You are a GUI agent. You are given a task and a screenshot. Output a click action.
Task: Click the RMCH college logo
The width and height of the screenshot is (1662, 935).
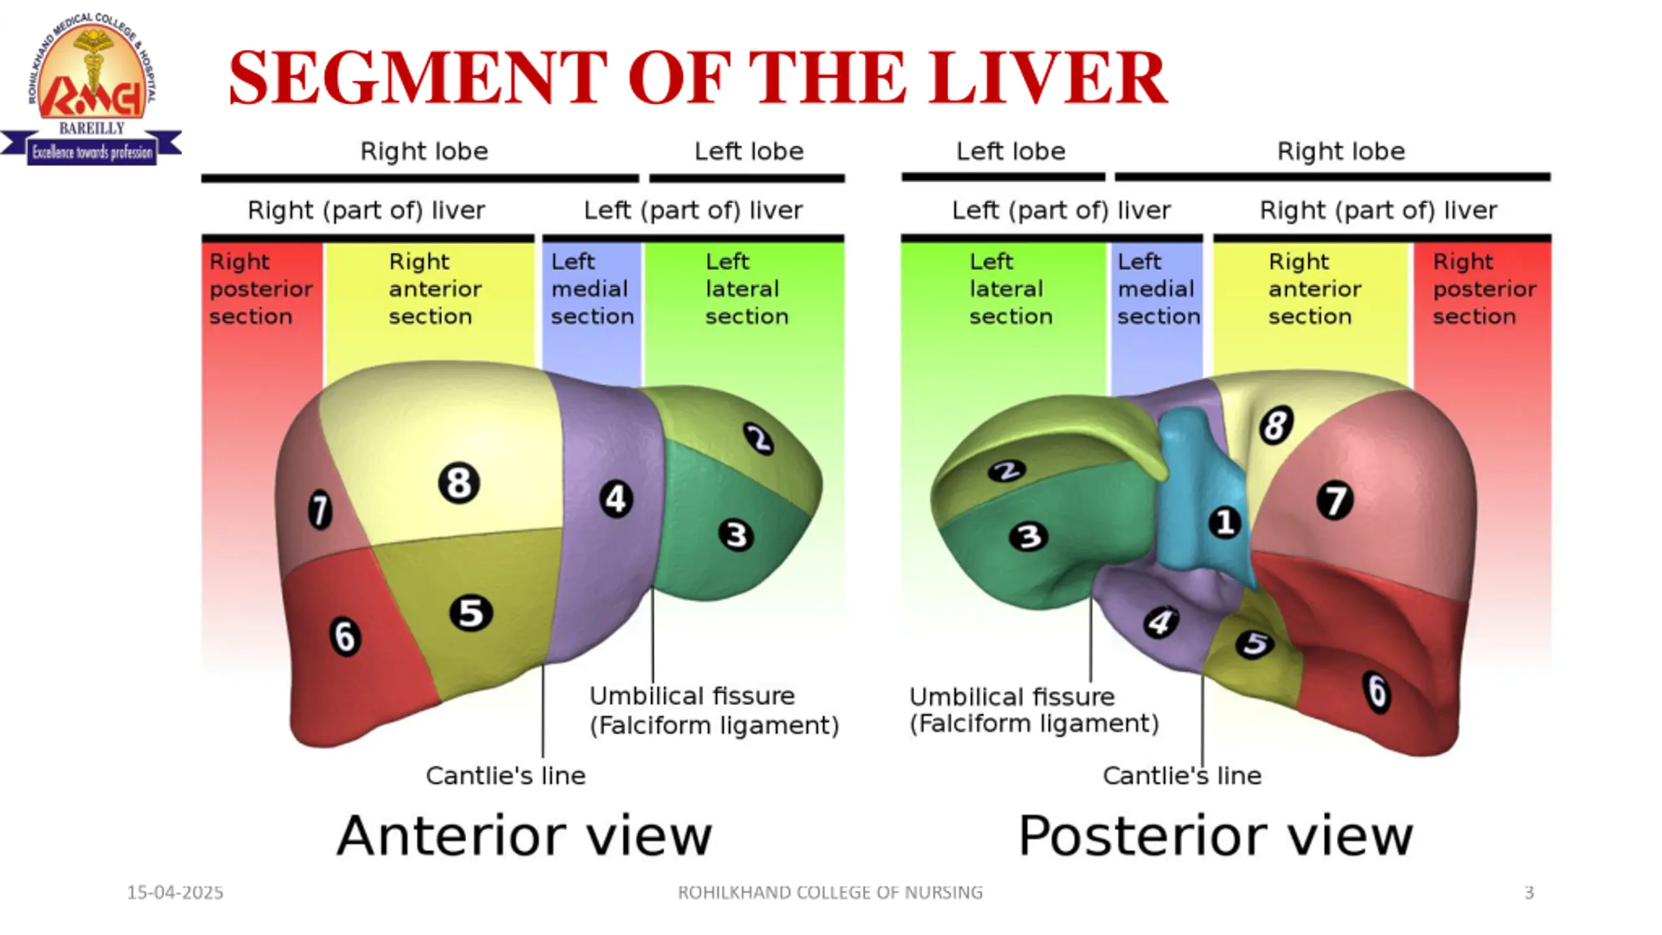[92, 89]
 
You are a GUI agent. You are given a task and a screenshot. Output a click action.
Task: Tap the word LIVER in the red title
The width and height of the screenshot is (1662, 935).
[1049, 78]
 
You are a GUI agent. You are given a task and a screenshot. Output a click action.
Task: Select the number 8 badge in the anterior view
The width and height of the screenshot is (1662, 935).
[459, 483]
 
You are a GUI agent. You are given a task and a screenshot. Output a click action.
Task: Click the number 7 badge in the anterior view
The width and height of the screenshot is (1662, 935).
[319, 510]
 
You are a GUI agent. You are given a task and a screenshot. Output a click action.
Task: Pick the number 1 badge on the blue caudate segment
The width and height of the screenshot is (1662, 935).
[1225, 523]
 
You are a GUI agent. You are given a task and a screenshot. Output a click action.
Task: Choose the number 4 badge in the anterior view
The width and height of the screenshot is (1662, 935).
[615, 499]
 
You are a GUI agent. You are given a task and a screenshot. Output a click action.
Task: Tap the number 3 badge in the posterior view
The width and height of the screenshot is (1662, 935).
[1028, 537]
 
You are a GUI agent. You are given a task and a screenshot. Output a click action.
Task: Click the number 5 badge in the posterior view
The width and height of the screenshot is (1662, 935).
[1254, 644]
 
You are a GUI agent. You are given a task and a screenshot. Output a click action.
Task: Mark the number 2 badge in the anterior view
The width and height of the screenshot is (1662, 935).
[758, 439]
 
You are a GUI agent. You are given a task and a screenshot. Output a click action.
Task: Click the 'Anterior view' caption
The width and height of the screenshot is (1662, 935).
[525, 836]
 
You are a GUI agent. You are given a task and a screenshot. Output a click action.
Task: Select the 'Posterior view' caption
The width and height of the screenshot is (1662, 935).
[1216, 836]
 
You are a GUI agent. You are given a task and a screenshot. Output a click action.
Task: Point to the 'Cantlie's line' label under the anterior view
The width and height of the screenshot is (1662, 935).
[506, 775]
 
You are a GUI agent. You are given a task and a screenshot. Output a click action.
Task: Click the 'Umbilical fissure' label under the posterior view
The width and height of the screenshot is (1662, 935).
[1012, 697]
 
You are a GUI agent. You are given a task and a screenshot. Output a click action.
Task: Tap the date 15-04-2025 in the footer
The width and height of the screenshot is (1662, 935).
[175, 893]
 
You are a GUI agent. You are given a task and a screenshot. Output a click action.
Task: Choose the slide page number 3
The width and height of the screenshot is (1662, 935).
[1530, 893]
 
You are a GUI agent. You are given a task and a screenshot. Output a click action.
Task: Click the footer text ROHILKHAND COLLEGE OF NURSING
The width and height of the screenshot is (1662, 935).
[830, 893]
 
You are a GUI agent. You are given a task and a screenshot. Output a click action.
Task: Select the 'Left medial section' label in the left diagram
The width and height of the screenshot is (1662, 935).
[592, 289]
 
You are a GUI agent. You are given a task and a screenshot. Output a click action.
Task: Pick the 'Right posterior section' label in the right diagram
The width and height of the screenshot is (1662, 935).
[1485, 289]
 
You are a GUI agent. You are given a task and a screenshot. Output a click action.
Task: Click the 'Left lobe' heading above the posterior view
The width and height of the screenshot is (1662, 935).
[1011, 151]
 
